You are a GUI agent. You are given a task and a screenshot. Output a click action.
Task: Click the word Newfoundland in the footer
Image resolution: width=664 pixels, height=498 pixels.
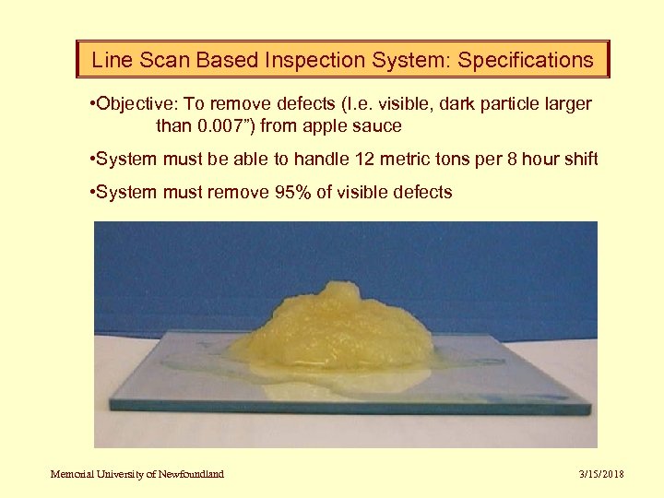[189, 474]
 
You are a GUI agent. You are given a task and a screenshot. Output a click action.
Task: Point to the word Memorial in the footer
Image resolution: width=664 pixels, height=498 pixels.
[73, 474]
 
